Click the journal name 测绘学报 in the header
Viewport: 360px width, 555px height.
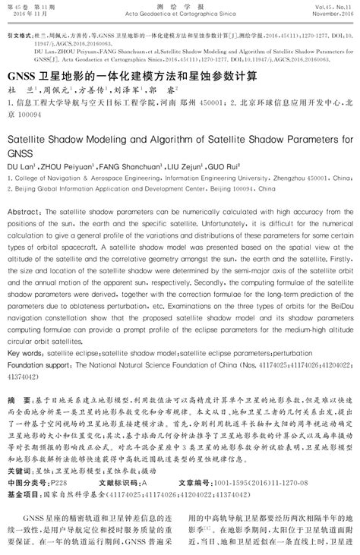(x=180, y=5)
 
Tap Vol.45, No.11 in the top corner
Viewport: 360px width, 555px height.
(x=336, y=5)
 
